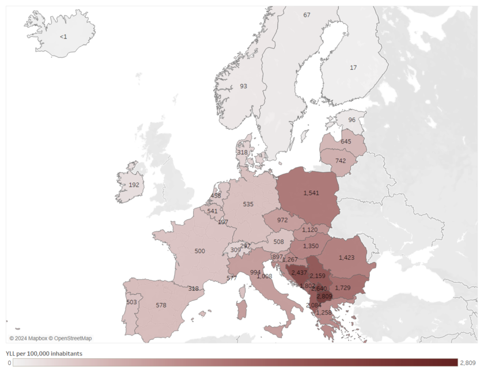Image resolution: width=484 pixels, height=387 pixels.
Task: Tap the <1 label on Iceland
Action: [x=63, y=37]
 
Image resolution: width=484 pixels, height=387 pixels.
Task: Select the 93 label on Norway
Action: [x=243, y=86]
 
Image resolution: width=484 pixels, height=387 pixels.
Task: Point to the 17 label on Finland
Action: [x=353, y=67]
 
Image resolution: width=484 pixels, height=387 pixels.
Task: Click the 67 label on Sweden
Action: [x=307, y=15]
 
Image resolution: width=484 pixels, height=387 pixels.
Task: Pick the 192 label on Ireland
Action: [x=134, y=185]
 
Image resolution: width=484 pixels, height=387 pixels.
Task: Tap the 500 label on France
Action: [x=199, y=251]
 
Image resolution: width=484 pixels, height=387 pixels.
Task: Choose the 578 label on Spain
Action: [x=161, y=305]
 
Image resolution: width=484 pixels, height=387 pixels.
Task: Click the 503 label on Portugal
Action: [x=131, y=302]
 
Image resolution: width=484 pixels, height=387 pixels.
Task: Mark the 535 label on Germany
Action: [x=248, y=204]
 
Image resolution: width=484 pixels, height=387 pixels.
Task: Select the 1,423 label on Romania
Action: [x=347, y=257]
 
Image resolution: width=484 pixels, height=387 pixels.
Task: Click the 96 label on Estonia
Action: [x=351, y=120]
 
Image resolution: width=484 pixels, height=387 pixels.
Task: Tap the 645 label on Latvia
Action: [x=346, y=141]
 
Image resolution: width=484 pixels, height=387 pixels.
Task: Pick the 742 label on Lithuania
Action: [x=341, y=161]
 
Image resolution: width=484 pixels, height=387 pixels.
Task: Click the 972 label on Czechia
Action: [x=282, y=220]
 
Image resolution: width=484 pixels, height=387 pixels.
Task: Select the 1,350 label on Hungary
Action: [x=311, y=246]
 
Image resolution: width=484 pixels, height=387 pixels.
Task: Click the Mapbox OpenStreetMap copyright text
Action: [x=50, y=338]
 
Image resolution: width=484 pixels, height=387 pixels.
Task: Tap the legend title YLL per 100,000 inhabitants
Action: [x=44, y=353]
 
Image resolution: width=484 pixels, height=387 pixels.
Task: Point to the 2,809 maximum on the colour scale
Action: [x=467, y=363]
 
